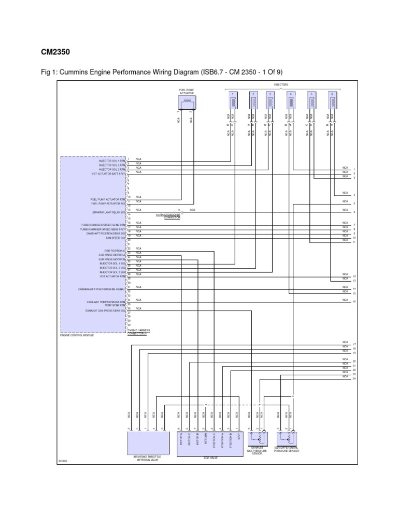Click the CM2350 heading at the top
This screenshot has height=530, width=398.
[55, 52]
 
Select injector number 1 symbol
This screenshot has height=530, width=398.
[232, 100]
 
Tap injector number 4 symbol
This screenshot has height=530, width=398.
[291, 100]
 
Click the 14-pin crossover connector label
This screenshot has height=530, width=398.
[168, 216]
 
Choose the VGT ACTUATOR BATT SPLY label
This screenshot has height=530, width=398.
[108, 174]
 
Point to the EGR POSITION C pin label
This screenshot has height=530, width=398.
[115, 251]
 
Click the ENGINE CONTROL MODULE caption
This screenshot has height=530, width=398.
[77, 335]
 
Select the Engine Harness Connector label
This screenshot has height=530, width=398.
[137, 332]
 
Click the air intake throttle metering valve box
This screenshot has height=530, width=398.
[148, 444]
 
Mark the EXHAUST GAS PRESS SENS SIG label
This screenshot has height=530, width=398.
[106, 311]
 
